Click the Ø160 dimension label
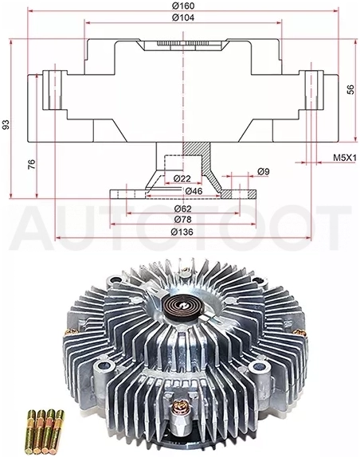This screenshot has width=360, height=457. point(183,6)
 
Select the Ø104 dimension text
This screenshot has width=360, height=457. point(183,18)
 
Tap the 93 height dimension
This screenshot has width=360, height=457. point(6,124)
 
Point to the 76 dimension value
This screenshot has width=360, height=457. point(32,164)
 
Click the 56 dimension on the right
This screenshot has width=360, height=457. point(350,89)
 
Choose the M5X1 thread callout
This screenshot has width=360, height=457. point(345,158)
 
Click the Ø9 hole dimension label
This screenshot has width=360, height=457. point(263,172)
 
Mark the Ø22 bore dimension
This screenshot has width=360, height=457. point(182,178)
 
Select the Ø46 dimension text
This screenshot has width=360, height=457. point(194,191)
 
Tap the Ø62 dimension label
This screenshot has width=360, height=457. point(183,209)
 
